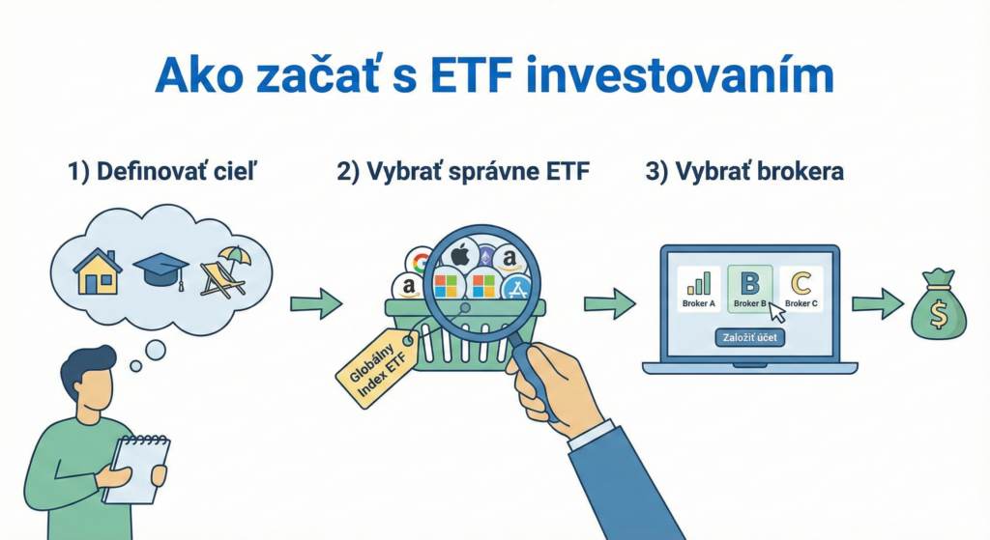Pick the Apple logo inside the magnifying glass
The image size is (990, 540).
pos(460,256)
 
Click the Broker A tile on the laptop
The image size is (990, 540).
pos(698,288)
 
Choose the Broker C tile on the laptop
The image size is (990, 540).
pos(801,288)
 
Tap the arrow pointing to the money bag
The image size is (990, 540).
pos(877,304)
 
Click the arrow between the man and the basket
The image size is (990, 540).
pos(316,304)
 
